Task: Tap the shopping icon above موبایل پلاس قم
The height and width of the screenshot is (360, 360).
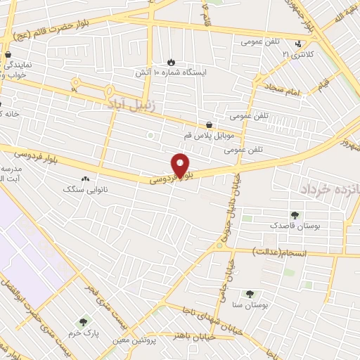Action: (210, 124)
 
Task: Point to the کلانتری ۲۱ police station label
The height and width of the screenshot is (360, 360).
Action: (295, 53)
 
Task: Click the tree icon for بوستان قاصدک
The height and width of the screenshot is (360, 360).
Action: (295, 216)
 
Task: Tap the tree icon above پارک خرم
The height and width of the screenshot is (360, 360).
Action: (84, 321)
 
